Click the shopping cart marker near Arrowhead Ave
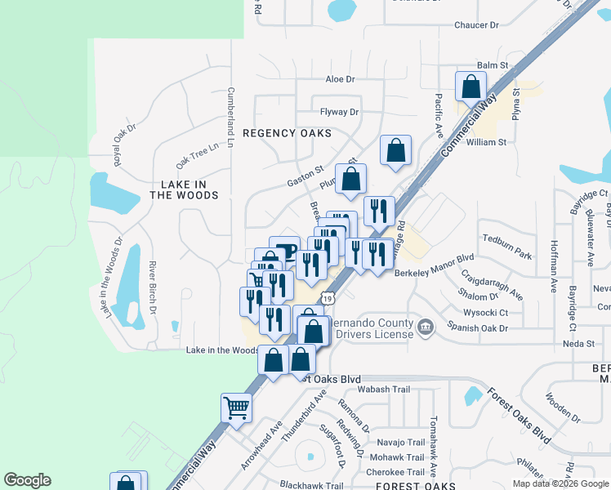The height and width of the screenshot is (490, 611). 236,406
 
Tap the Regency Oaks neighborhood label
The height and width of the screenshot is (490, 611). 287,132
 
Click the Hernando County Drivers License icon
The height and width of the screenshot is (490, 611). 426,327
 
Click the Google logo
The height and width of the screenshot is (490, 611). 27,480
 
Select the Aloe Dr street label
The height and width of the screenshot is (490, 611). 340,79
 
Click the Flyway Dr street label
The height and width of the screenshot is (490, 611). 340,112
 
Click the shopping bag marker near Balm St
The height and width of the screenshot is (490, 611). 471,85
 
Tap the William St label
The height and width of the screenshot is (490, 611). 486,141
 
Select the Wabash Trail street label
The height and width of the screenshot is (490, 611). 384,390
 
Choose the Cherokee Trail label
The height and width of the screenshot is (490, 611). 395,472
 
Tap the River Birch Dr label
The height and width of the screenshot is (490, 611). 153,287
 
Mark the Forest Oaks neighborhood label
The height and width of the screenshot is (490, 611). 410,486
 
